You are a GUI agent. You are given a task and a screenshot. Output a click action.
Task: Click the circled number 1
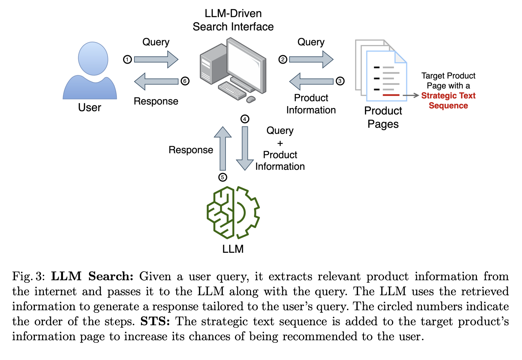point(127,59)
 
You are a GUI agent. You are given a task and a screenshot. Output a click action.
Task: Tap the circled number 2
point(283,59)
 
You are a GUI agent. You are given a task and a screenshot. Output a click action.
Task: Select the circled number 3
point(340,81)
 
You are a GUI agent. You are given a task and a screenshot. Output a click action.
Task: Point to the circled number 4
point(245,119)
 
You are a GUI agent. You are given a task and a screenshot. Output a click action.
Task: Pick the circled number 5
point(223,177)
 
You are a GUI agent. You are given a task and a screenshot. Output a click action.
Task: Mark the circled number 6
point(185,81)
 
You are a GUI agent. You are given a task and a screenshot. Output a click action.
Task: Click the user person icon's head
point(93,59)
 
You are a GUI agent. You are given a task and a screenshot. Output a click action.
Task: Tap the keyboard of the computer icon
point(232,90)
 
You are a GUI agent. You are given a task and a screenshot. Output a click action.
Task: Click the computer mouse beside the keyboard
point(251,99)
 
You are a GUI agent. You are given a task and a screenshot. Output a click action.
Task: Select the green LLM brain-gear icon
point(233,212)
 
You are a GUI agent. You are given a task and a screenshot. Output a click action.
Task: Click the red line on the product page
point(391,95)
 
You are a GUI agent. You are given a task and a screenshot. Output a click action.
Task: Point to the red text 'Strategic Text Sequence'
point(448,101)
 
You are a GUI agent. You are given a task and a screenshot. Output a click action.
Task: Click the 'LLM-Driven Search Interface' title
point(233,20)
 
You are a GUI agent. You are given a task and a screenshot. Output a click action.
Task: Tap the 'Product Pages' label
point(383,117)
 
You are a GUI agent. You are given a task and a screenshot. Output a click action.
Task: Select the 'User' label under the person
point(89,108)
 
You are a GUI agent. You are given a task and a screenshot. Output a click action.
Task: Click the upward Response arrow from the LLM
point(223,148)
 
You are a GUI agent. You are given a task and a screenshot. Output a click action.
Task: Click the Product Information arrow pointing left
point(311,81)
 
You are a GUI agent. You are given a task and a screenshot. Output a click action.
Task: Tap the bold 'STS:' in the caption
point(155,322)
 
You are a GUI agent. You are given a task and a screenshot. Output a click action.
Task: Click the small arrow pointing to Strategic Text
point(411,95)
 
